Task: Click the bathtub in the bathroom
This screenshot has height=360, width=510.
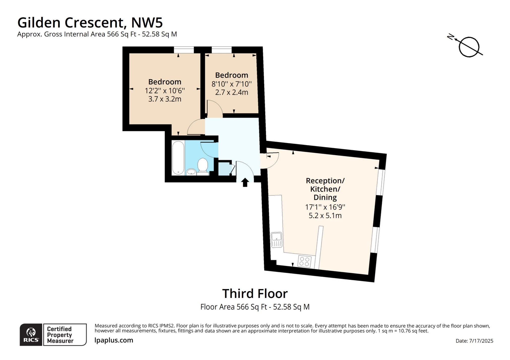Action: [178, 158]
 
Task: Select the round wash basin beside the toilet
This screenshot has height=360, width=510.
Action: [191, 172]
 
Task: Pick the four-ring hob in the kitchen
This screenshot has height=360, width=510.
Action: [304, 261]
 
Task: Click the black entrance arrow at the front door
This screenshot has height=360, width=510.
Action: [245, 182]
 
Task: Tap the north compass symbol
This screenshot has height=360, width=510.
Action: [468, 47]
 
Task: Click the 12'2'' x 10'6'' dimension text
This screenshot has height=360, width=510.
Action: [165, 91]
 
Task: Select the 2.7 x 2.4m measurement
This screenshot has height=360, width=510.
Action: [231, 92]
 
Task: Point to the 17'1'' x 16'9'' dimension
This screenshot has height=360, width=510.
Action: [325, 207]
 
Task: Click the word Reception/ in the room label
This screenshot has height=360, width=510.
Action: [325, 181]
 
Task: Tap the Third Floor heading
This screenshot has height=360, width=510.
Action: [255, 294]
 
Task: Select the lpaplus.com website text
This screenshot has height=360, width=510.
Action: [114, 340]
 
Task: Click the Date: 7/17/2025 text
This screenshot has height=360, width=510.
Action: [474, 341]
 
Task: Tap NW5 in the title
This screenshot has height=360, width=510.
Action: [147, 22]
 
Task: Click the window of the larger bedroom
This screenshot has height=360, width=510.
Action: [184, 50]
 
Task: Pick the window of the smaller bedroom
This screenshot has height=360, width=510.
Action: [221, 50]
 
